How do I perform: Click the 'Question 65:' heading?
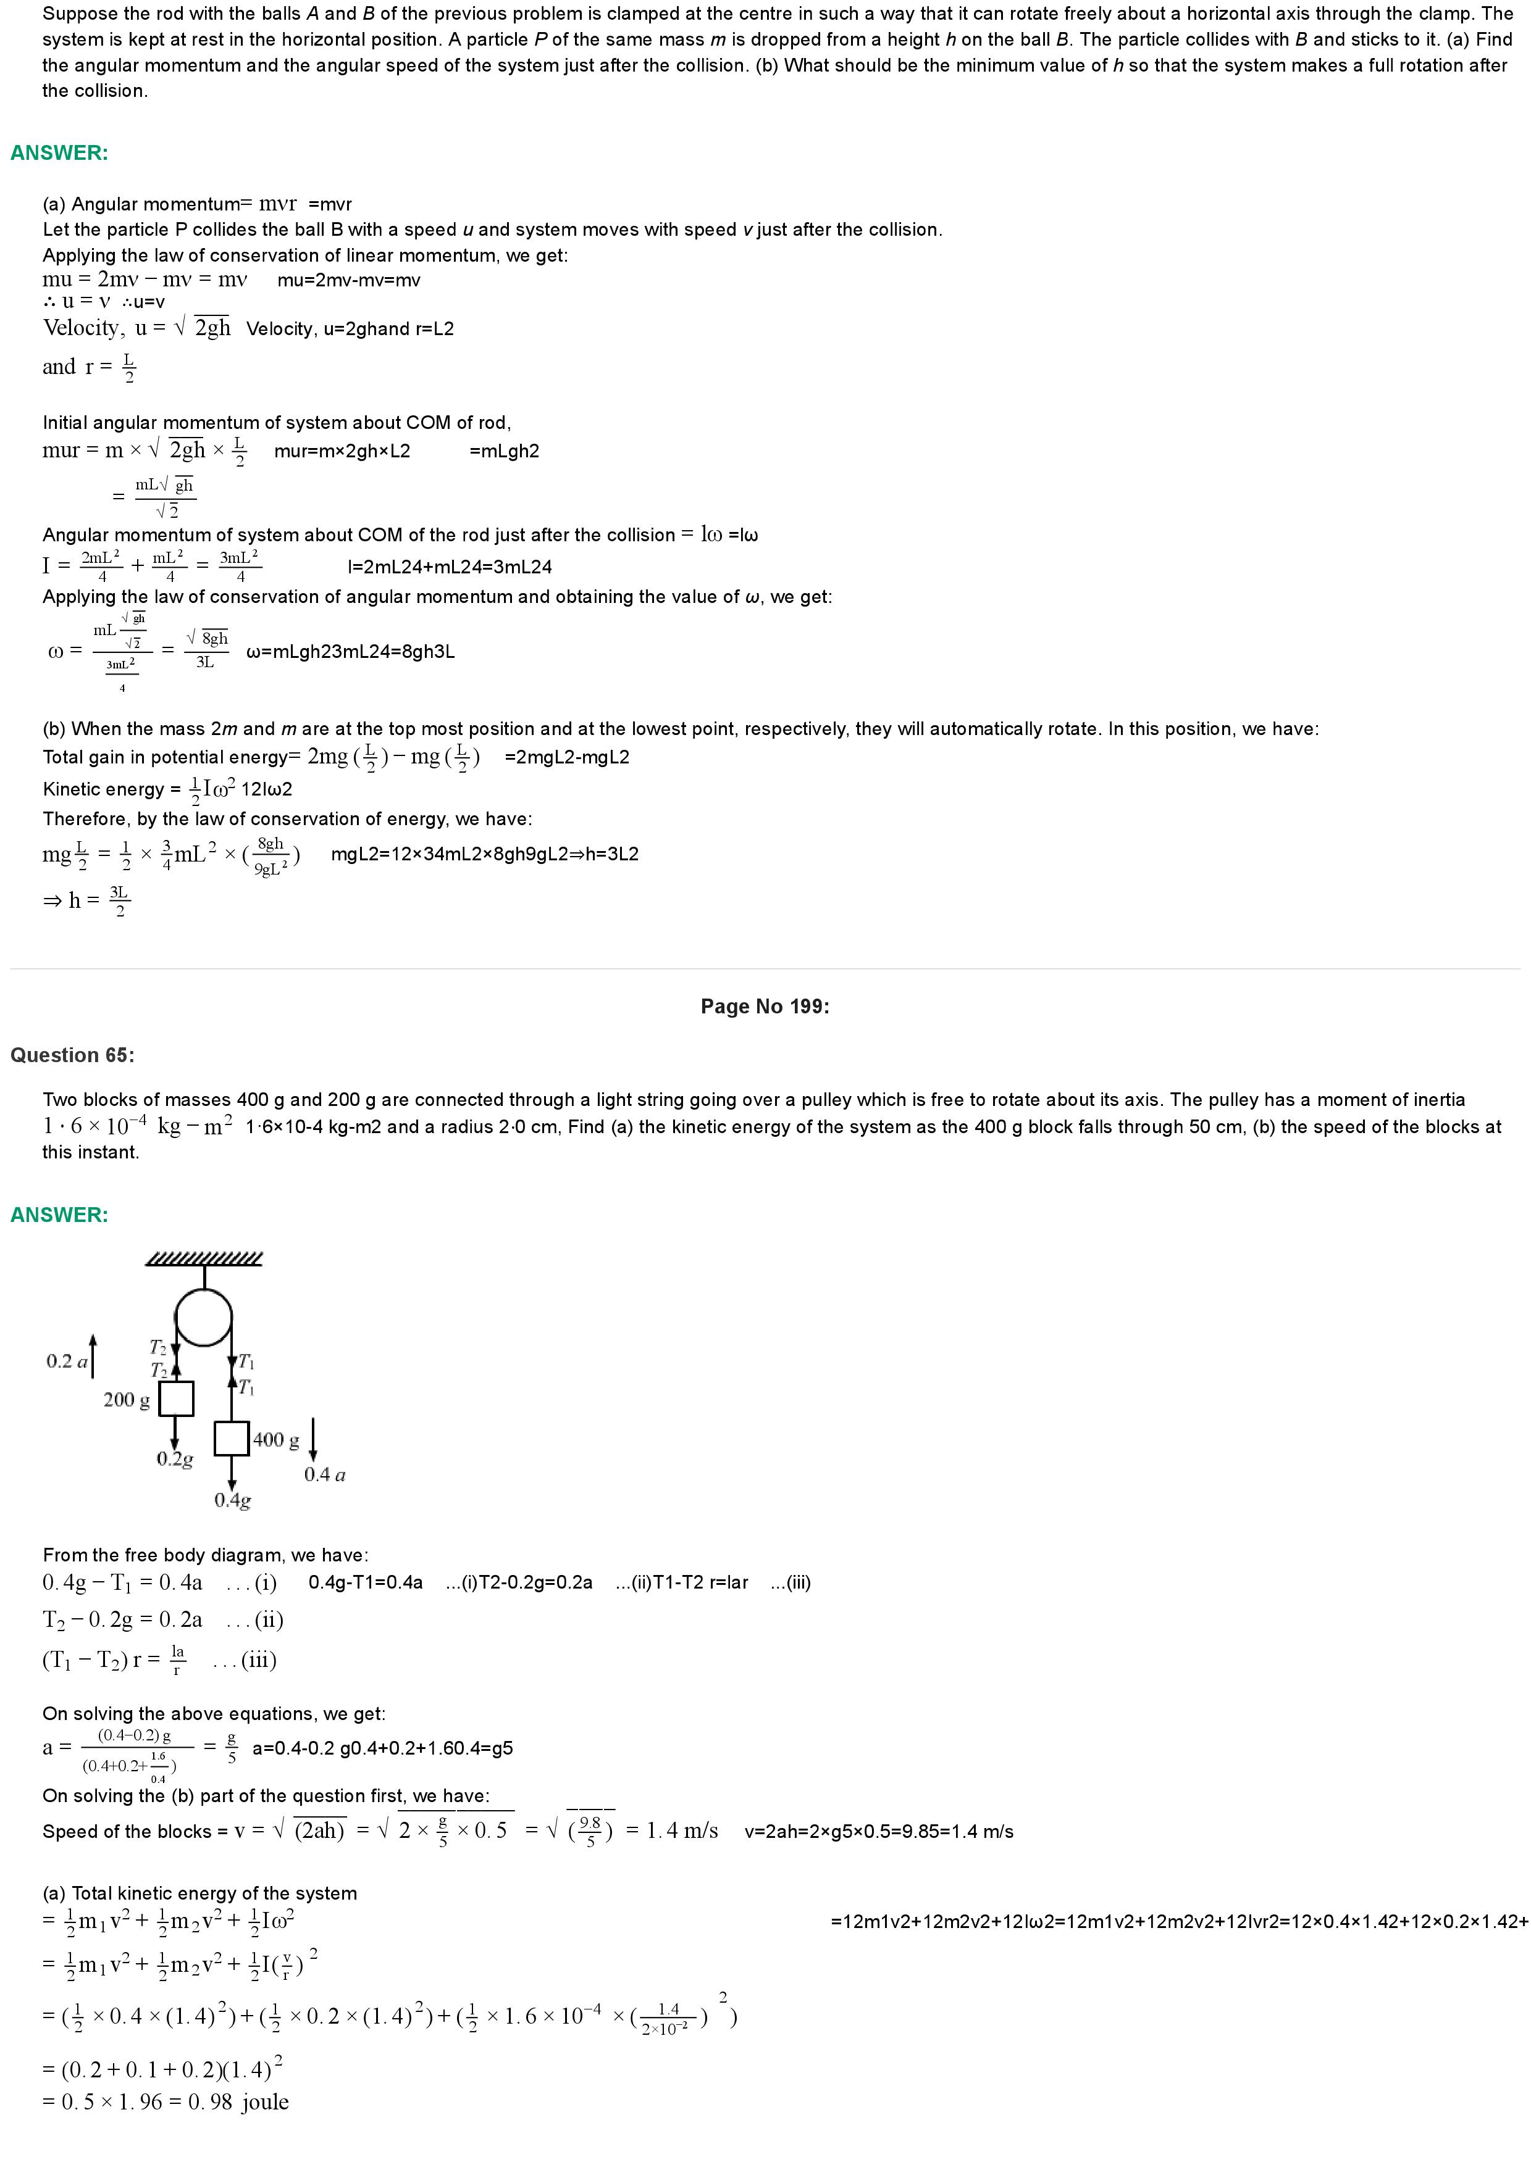[x=73, y=1055]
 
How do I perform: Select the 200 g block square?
[x=175, y=1398]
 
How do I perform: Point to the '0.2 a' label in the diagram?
[x=66, y=1361]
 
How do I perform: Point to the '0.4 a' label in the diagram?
[x=324, y=1475]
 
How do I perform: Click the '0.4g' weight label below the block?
[x=232, y=1500]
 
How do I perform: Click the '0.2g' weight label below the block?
[x=175, y=1459]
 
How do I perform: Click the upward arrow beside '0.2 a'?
[x=93, y=1356]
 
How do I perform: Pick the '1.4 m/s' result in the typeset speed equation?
[x=682, y=1831]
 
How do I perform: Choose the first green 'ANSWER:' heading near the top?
[x=59, y=153]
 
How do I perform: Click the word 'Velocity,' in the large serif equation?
[x=83, y=328]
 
